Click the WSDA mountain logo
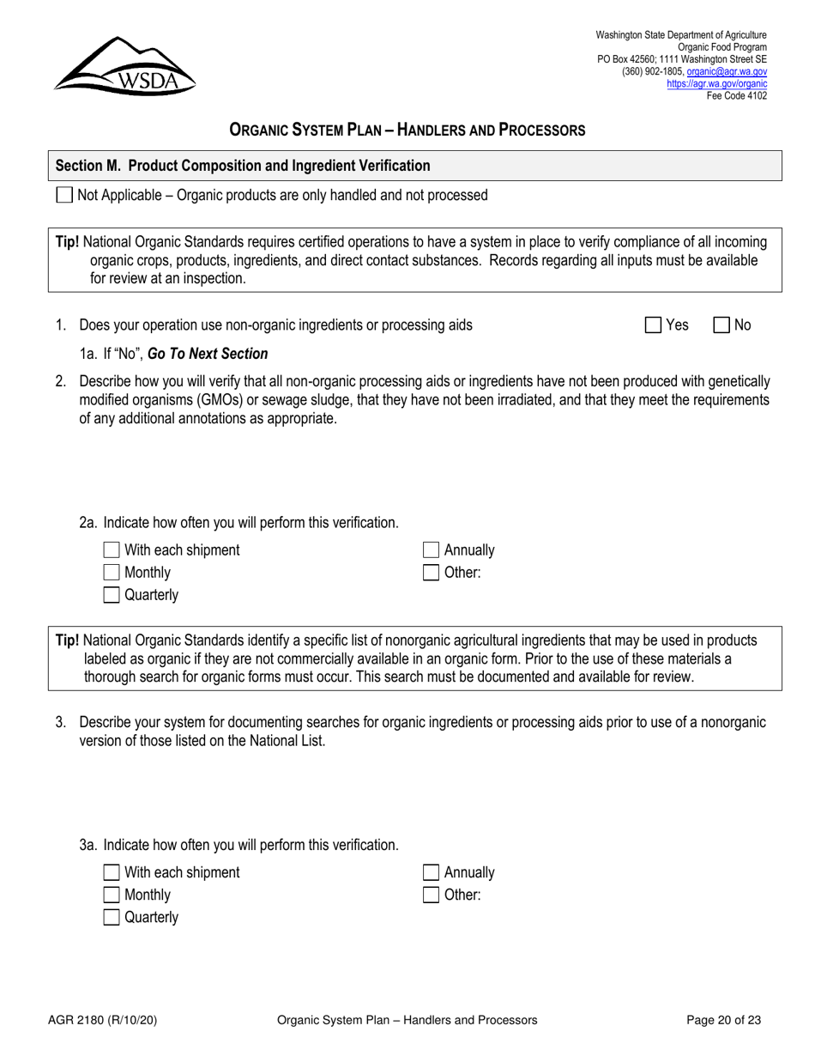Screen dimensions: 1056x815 click(x=124, y=65)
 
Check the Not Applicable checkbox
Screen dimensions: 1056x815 click(x=64, y=196)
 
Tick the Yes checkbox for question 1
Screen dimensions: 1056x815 click(x=654, y=325)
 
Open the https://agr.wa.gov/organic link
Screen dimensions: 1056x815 click(x=716, y=84)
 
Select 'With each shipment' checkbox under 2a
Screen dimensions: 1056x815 click(x=112, y=550)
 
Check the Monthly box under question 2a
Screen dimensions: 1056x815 click(x=112, y=573)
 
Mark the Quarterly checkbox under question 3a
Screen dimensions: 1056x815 click(x=112, y=918)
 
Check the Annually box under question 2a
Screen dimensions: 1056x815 click(x=432, y=550)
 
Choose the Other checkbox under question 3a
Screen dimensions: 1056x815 click(x=432, y=895)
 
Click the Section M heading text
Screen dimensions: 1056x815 click(x=243, y=166)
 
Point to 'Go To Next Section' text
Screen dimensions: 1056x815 click(x=208, y=354)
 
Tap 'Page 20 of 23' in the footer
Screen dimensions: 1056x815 click(x=723, y=1021)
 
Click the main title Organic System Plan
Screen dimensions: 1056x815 click(x=407, y=130)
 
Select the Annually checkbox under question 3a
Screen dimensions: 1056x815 click(x=432, y=873)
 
